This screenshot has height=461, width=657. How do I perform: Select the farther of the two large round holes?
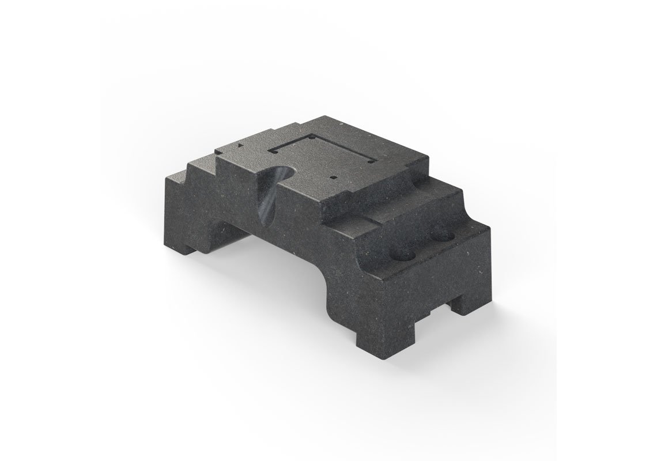click(444, 236)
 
